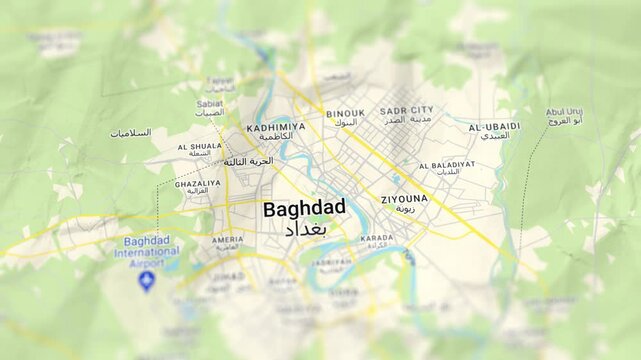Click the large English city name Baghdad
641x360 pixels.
304,209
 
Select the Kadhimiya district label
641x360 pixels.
275,128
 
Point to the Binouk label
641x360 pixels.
345,114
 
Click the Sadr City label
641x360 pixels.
408,110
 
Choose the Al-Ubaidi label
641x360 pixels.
494,127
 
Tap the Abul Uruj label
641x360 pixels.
564,112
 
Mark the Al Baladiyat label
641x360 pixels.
446,165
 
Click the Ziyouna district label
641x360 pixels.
404,199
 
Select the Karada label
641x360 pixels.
377,238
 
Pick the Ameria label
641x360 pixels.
227,240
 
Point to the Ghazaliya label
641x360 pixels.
197,184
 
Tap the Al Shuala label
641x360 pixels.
199,147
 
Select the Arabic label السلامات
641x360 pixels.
131,133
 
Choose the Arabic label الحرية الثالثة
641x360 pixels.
248,161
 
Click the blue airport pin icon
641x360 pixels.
147,281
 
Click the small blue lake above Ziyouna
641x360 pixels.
397,180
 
